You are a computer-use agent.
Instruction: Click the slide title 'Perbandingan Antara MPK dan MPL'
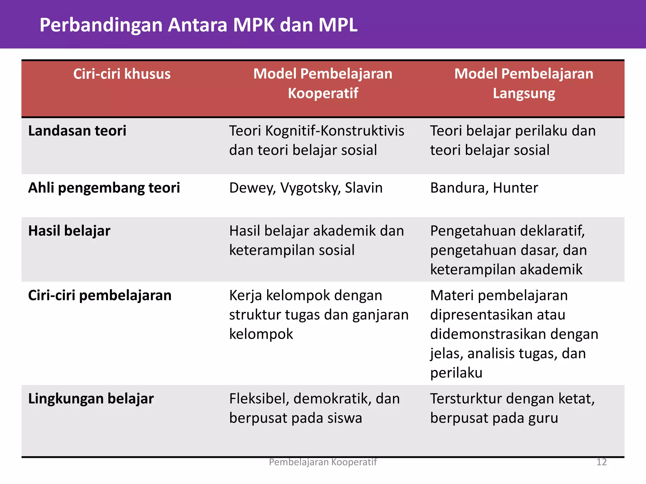(x=198, y=25)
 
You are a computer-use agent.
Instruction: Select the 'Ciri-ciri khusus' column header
(x=122, y=74)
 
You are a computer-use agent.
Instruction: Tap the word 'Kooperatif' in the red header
(x=323, y=93)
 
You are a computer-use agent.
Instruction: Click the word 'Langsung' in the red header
(x=524, y=94)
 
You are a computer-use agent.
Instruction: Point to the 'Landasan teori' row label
(x=77, y=131)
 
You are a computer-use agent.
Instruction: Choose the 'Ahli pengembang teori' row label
(x=104, y=188)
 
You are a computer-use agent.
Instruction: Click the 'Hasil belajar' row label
(x=69, y=231)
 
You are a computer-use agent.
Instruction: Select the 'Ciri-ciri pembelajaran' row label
(x=100, y=296)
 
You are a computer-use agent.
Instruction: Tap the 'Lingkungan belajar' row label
(x=91, y=399)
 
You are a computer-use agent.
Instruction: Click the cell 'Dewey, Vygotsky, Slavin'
(x=306, y=188)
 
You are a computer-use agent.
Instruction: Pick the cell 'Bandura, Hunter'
(x=484, y=188)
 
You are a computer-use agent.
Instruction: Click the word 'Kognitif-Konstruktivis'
(x=335, y=131)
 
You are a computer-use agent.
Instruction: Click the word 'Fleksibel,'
(x=259, y=399)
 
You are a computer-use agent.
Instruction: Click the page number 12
(x=602, y=462)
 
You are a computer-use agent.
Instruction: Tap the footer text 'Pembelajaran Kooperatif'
(x=323, y=462)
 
